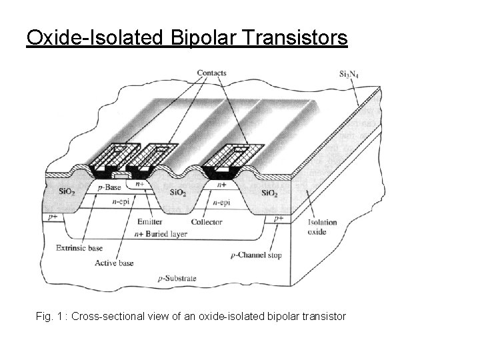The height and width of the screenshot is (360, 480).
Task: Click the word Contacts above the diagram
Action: (212, 73)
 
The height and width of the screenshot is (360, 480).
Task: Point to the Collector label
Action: (206, 222)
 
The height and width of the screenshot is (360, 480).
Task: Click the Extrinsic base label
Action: (79, 249)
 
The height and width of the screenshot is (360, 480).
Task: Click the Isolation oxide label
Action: (322, 227)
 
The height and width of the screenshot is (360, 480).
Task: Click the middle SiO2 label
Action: (178, 192)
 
